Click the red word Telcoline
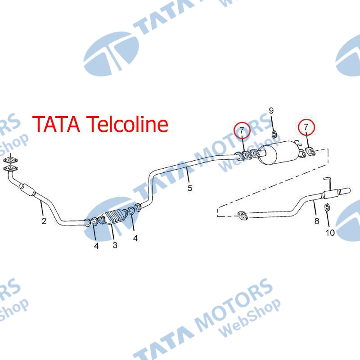coord(127,124)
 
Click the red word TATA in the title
coord(56,124)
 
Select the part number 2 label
coord(44,221)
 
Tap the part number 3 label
coord(115,245)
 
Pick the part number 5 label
coord(190,188)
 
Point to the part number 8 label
coord(317,221)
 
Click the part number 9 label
coord(271,111)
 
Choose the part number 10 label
coord(330,233)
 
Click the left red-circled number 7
coord(242,130)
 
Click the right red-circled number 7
coord(306,127)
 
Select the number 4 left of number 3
coord(96,246)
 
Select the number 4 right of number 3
coord(135,238)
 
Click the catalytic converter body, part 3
coord(115,217)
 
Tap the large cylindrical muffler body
coord(279,153)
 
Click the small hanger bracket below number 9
coord(274,134)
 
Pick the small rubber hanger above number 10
coord(327,207)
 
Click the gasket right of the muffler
coord(310,152)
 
